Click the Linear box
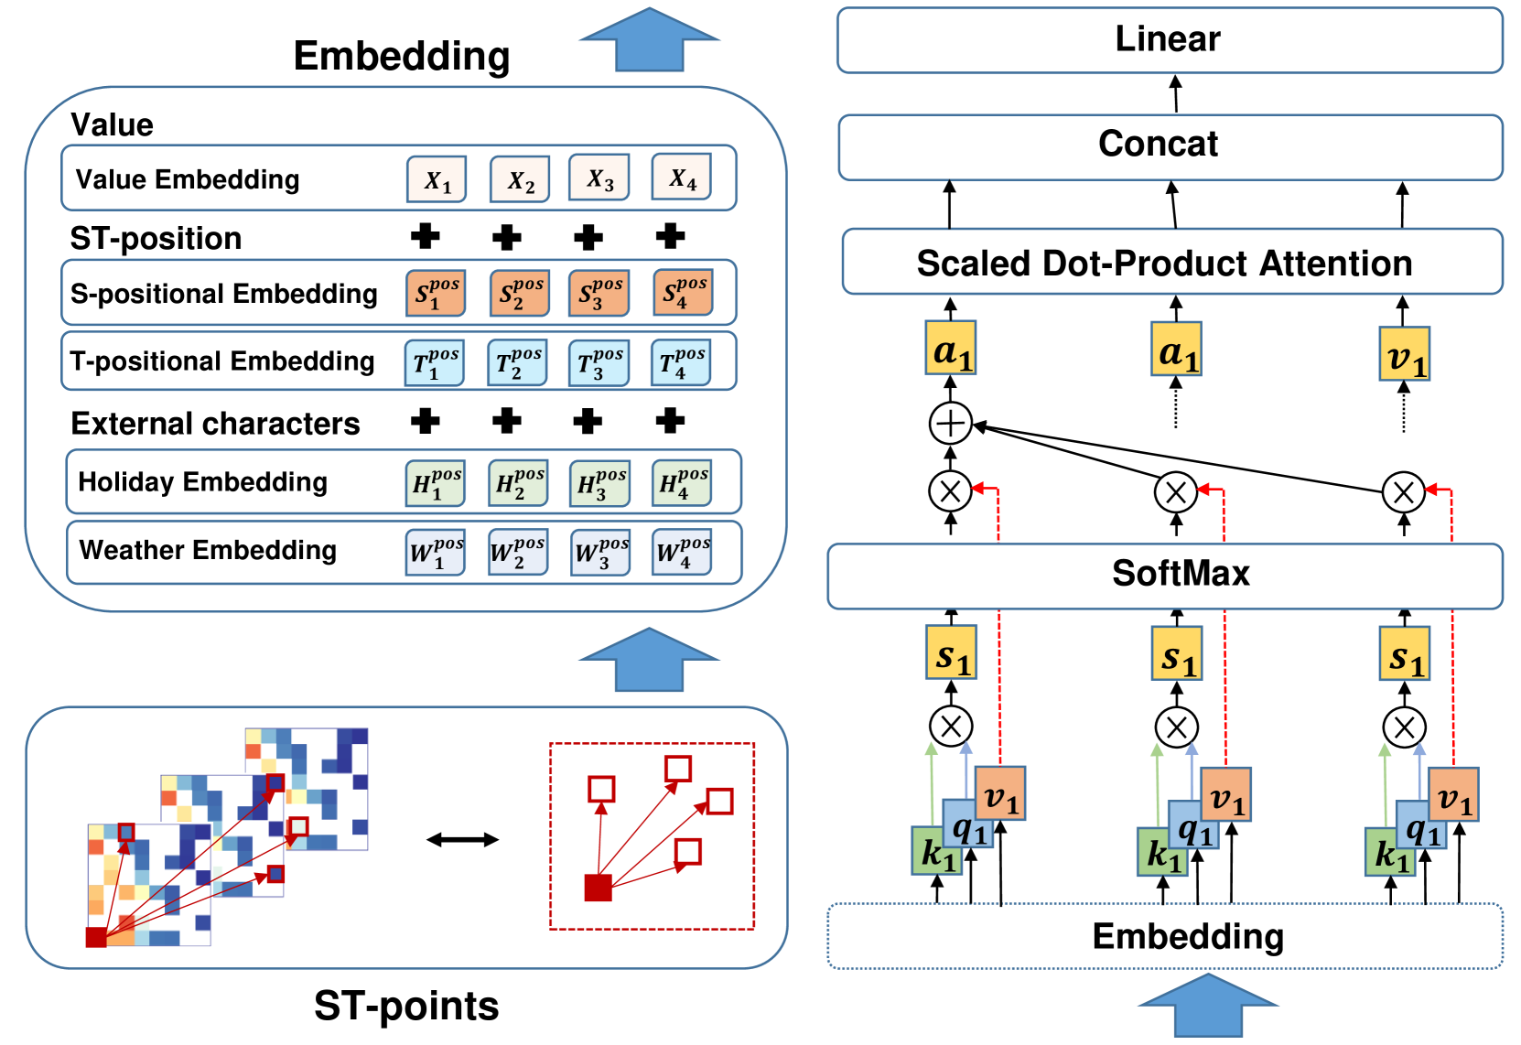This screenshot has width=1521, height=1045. tap(1169, 40)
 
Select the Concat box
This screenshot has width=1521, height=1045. tap(1169, 146)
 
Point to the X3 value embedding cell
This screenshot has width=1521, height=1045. tap(599, 178)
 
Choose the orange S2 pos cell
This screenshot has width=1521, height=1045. tap(519, 293)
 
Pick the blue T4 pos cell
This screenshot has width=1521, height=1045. tap(681, 362)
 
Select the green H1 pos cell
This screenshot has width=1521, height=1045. tap(436, 482)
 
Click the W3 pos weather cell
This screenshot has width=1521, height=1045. tap(600, 553)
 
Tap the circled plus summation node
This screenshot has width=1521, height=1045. tap(950, 423)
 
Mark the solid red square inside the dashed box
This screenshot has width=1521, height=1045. tap(598, 888)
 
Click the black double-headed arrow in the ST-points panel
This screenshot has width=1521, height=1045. tap(462, 839)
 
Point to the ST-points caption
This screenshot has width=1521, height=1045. tap(406, 1006)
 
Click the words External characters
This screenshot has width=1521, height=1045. tap(215, 424)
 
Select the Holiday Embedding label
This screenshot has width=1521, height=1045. tap(202, 482)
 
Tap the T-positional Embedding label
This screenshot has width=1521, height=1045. tap(222, 361)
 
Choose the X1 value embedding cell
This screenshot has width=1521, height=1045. tap(437, 179)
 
